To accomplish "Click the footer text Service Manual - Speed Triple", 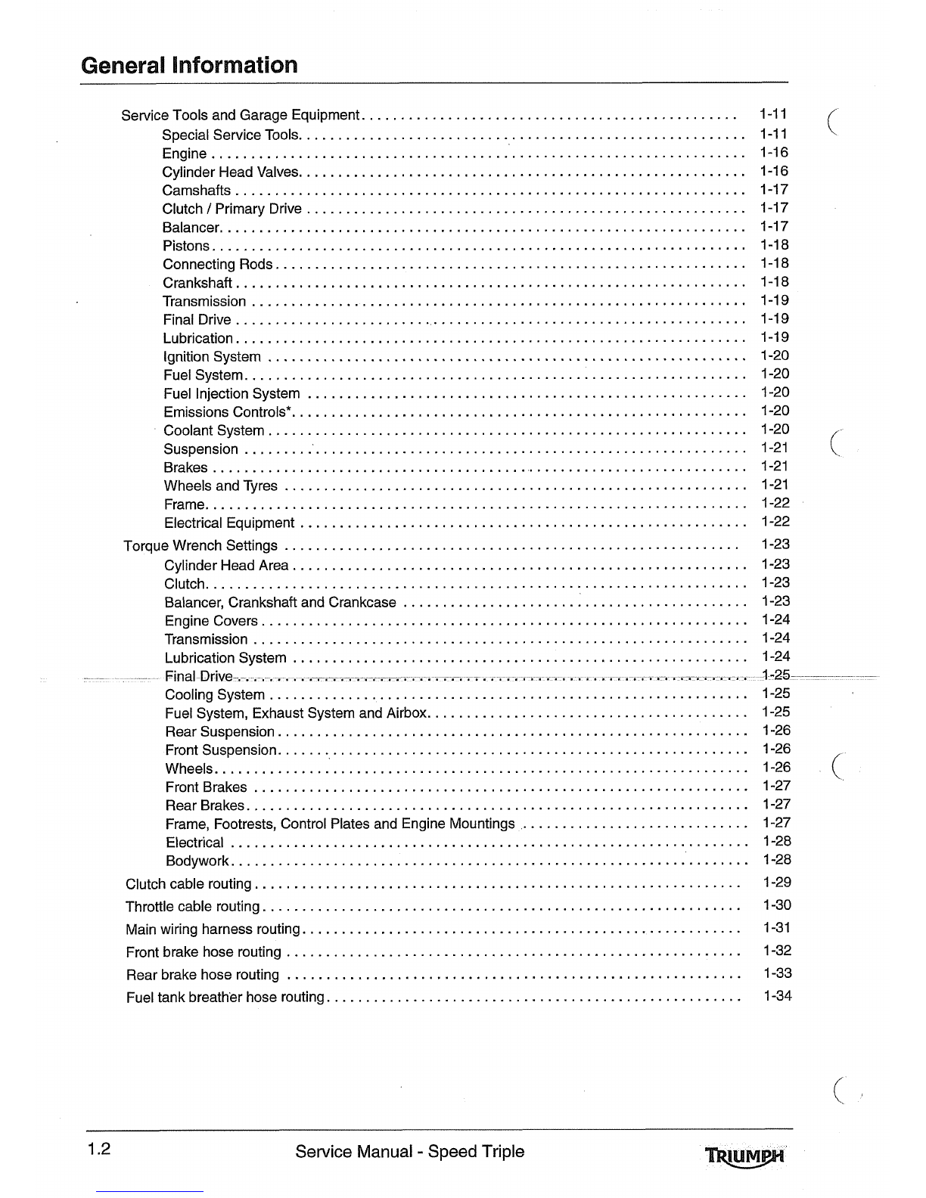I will [409, 1152].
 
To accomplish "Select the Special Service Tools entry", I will [231, 135].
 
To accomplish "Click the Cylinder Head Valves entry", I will [231, 172].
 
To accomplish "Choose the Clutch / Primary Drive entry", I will [231, 209].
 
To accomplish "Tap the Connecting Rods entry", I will [218, 264].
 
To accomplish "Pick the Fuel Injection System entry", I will [231, 393].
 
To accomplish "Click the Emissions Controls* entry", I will [228, 412].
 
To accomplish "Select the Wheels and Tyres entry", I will [221, 486].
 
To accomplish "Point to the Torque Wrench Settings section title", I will [200, 545].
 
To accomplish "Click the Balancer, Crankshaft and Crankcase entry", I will [280, 602].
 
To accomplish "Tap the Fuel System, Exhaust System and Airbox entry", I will [297, 713].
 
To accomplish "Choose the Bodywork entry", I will [197, 861].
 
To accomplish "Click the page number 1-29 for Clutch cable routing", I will [777, 882].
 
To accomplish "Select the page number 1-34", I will [777, 995].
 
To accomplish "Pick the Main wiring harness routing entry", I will [213, 930].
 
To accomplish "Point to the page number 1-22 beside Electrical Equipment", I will [775, 521].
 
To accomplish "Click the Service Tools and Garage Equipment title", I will [240, 115].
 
